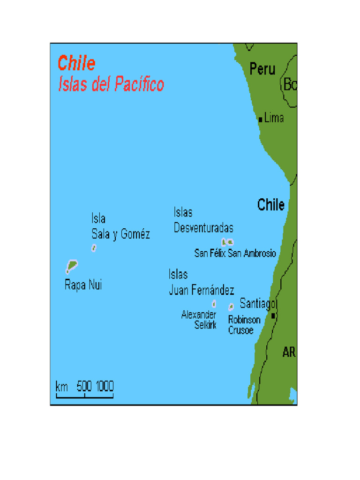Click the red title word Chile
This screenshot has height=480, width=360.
tap(76, 63)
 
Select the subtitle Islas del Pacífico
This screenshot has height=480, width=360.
tap(111, 85)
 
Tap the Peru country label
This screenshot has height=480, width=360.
tap(262, 69)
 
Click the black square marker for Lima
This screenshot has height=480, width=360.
tap(260, 119)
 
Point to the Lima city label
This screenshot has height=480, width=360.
tap(274, 118)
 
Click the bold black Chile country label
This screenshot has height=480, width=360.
tap(271, 205)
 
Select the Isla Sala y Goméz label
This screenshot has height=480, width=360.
tap(120, 227)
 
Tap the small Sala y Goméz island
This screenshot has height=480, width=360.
tap(94, 248)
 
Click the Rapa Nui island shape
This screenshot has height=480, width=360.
tap(71, 266)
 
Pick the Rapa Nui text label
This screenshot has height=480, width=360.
tap(83, 285)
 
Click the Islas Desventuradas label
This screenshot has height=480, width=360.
tap(203, 220)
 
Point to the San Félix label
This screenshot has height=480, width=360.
tap(210, 254)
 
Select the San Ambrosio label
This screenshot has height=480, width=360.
tap(252, 254)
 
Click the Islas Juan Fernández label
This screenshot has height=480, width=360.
tap(202, 283)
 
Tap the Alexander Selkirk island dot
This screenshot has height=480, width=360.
tap(214, 304)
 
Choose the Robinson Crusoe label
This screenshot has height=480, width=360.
tap(244, 325)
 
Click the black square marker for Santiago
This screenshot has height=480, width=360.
tap(273, 316)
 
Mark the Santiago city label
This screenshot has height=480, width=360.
tap(258, 304)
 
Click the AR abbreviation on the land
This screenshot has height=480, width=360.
tap(289, 352)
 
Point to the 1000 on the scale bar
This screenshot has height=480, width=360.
tap(105, 387)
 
